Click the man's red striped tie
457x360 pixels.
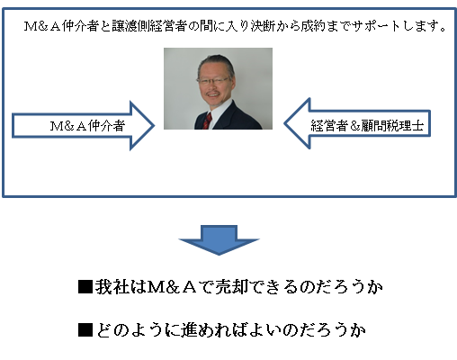[207, 121]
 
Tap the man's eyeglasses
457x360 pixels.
[213, 81]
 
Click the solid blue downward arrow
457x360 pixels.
[219, 240]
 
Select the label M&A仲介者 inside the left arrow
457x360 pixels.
[87, 126]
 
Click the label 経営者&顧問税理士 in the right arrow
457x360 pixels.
[367, 126]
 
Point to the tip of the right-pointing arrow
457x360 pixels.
[154, 126]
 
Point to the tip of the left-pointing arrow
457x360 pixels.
[284, 123]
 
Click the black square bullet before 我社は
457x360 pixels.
[85, 287]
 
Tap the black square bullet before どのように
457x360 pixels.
[85, 330]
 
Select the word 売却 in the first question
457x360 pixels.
[231, 287]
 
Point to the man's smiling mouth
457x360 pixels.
[213, 94]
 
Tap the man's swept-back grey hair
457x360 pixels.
[215, 62]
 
